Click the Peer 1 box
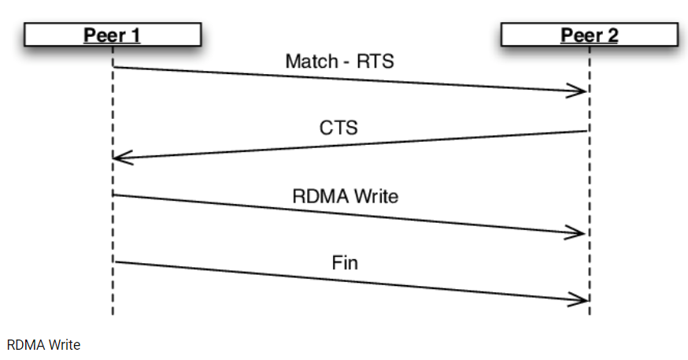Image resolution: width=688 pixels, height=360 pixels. (x=113, y=35)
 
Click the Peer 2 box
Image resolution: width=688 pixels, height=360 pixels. (x=588, y=35)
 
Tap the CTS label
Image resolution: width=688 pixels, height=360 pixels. (x=338, y=127)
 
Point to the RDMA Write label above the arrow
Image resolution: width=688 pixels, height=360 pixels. (x=345, y=195)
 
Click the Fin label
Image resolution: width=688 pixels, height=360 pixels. (x=345, y=262)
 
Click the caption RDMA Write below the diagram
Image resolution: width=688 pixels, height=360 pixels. (x=44, y=345)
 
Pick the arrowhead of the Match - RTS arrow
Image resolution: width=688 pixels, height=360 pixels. (x=583, y=92)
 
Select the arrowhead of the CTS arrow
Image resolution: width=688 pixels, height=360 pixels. (x=118, y=158)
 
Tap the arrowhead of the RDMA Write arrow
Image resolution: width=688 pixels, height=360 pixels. (x=582, y=233)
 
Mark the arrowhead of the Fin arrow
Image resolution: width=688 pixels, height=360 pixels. (x=583, y=299)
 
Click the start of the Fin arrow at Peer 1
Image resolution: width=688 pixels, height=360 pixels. (x=114, y=262)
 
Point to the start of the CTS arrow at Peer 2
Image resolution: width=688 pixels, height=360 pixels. (x=587, y=132)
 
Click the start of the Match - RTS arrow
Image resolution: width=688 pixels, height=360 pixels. (x=114, y=67)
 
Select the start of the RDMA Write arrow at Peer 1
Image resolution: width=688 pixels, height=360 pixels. (x=114, y=195)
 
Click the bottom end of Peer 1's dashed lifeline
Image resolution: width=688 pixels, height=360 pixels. (x=113, y=314)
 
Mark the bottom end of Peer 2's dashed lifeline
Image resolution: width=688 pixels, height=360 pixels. (x=589, y=314)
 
